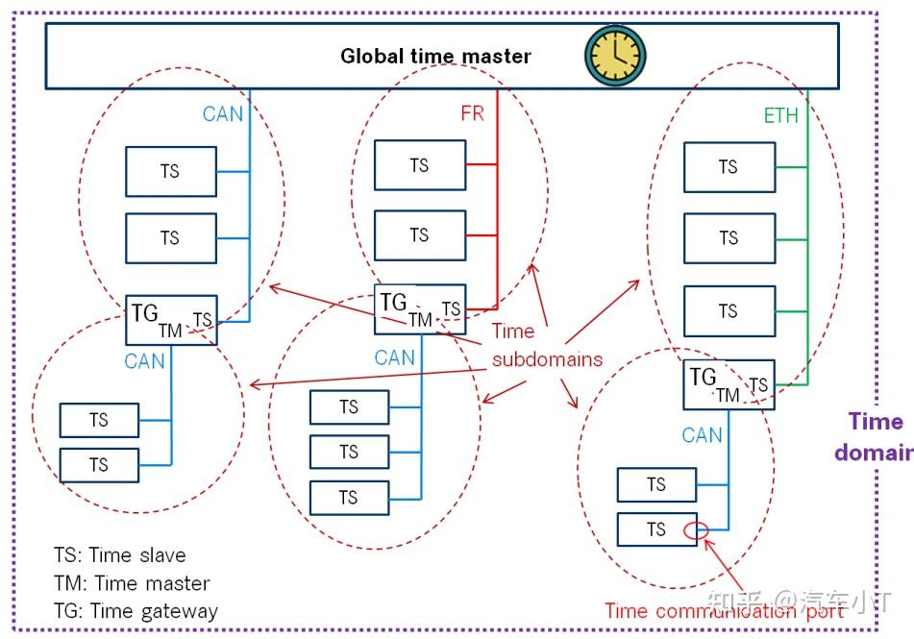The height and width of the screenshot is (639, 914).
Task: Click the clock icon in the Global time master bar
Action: coord(615,56)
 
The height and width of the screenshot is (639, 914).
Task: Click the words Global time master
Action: coord(435,56)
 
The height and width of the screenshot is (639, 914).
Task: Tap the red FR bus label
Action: coord(472,113)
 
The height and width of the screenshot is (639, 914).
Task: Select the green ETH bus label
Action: coord(781,115)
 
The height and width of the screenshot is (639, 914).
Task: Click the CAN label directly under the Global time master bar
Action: coord(223,113)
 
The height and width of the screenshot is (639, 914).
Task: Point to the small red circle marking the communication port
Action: coord(696,530)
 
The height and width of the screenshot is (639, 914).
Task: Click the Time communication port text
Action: coord(724,611)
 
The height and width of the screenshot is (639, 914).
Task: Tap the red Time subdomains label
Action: coord(547,345)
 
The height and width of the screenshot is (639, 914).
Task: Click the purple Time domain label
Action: coord(874,436)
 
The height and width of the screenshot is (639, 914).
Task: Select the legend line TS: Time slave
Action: coord(119,555)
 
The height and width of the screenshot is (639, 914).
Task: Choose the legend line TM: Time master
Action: coord(132,583)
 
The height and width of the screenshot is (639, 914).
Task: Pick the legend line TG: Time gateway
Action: coord(136,611)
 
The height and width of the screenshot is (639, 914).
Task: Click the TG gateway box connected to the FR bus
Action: coord(420,309)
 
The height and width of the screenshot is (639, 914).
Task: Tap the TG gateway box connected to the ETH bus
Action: coord(729,384)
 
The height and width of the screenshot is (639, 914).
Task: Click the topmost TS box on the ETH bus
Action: coord(729,167)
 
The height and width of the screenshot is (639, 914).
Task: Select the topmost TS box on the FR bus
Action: coord(420,165)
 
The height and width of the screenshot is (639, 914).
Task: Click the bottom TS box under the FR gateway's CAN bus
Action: coord(349,498)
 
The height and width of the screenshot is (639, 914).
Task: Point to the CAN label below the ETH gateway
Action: coord(702,435)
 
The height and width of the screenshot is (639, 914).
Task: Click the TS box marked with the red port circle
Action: coord(657,529)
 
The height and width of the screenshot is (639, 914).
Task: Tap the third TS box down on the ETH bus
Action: coord(729,311)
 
